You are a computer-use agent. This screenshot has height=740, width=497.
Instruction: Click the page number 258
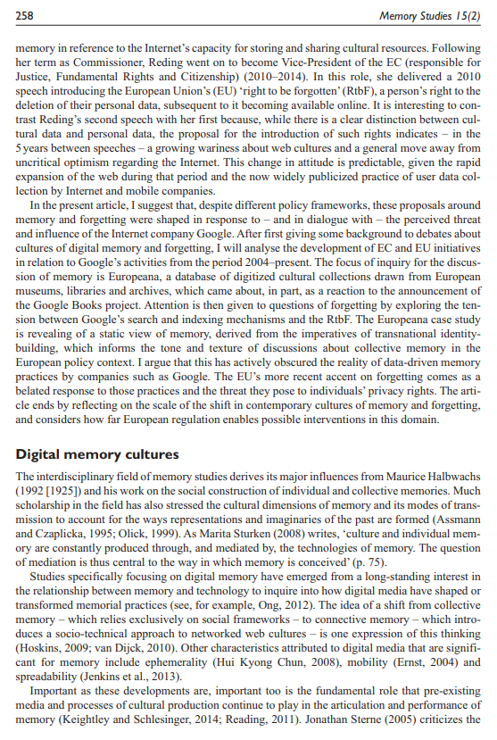(25, 16)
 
